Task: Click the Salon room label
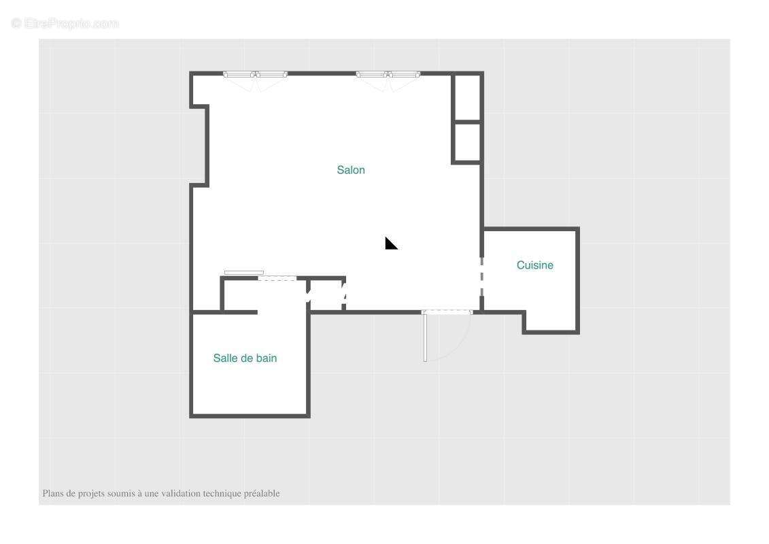(351, 170)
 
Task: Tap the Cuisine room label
(535, 265)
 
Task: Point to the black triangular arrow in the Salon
(390, 244)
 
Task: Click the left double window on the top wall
(255, 75)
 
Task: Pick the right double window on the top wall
(388, 75)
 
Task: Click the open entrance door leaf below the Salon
(425, 337)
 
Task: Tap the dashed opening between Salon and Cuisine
(481, 277)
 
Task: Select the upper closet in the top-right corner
(467, 98)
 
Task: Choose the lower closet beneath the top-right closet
(467, 142)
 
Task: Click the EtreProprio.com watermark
(65, 24)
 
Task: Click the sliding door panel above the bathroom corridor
(243, 273)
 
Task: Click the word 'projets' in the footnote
(92, 494)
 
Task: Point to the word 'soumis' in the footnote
(121, 494)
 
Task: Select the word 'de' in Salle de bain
(245, 358)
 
